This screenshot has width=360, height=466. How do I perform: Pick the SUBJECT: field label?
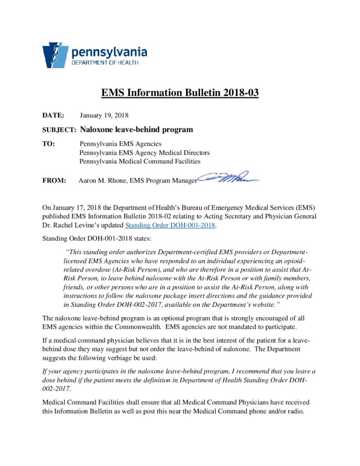coord(59,130)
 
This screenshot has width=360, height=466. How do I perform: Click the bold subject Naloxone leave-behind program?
coord(137,130)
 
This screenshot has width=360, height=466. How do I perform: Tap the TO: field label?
coord(49,144)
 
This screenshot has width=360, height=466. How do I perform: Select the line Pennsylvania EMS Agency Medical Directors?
coord(144,153)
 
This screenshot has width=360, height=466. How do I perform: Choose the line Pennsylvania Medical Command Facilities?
coord(140,161)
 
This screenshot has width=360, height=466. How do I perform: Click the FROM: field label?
coord(54,181)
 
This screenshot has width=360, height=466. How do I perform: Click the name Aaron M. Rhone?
coord(102,181)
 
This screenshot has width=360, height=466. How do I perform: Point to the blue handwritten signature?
coord(228,178)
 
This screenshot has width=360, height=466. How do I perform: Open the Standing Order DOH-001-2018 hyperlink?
coord(170,225)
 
